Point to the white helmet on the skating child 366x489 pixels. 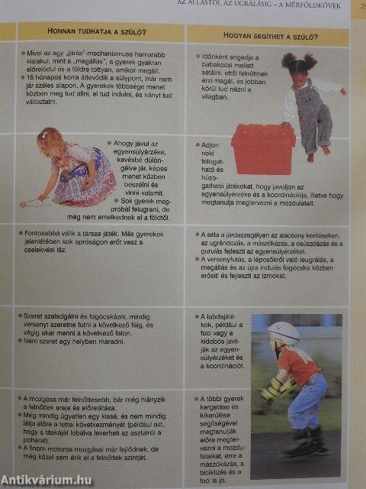point(284,332)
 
